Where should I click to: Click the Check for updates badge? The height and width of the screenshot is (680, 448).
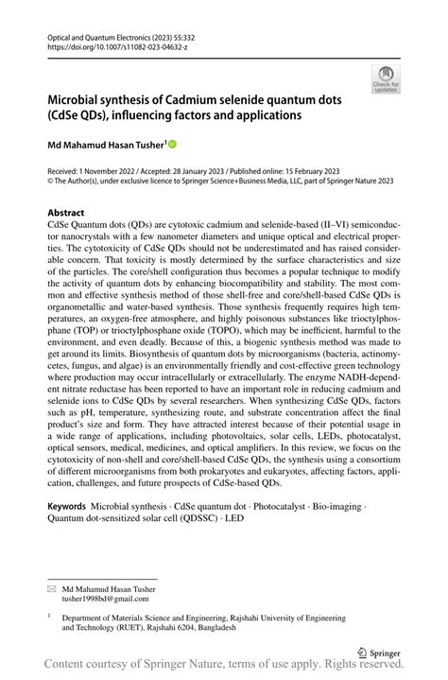pyautogui.click(x=386, y=79)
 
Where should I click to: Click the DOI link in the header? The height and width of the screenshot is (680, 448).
pyautogui.click(x=108, y=45)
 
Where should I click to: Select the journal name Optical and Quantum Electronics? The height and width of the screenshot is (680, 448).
pyautogui.click(x=99, y=34)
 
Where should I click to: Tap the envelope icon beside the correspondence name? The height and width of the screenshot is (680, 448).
pyautogui.click(x=52, y=587)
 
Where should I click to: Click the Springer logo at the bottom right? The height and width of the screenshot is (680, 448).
pyautogui.click(x=376, y=652)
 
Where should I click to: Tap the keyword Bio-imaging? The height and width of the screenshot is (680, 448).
pyautogui.click(x=337, y=507)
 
